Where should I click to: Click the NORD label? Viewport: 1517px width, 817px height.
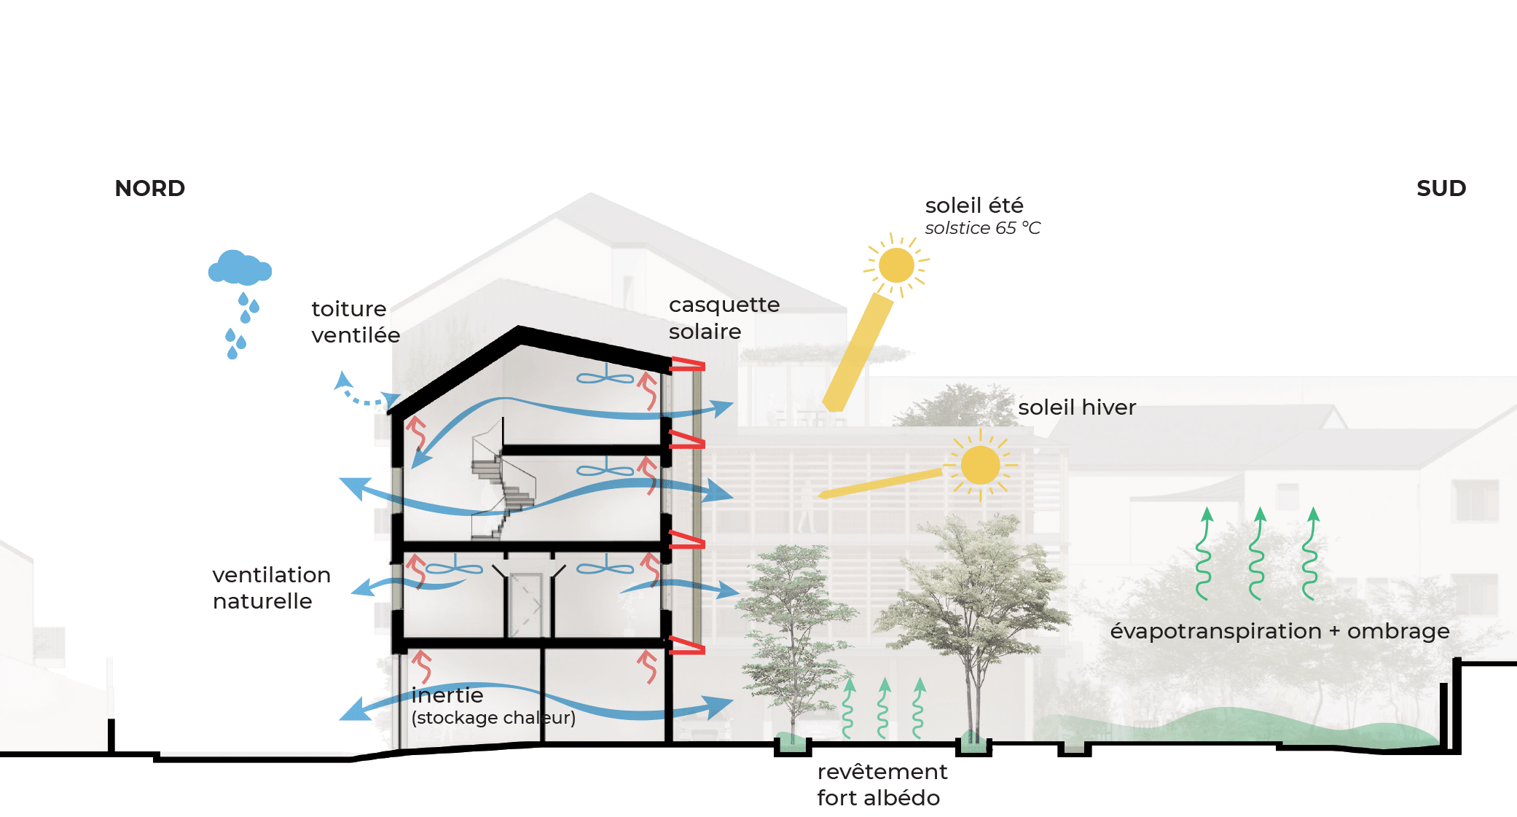(x=150, y=189)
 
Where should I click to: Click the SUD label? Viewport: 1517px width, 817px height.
(x=1440, y=189)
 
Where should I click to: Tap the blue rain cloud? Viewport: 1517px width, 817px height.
(x=239, y=269)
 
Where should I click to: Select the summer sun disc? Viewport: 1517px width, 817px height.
(x=896, y=265)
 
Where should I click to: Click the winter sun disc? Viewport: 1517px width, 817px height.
(x=980, y=465)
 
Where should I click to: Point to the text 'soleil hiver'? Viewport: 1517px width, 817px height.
(x=1077, y=407)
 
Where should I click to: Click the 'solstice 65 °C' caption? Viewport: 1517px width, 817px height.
(x=982, y=228)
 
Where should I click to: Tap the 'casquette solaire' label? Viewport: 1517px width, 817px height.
(x=724, y=318)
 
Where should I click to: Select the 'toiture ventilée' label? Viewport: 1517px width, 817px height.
(x=356, y=321)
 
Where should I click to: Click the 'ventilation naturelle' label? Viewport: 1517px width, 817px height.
(x=271, y=587)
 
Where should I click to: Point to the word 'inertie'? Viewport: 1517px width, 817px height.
(x=447, y=695)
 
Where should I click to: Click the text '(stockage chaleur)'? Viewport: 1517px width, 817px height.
(x=493, y=718)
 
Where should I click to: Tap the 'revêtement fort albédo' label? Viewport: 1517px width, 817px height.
(x=882, y=784)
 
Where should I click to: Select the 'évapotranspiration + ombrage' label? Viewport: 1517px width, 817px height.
(x=1279, y=631)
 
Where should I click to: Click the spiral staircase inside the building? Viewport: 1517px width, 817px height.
(x=503, y=485)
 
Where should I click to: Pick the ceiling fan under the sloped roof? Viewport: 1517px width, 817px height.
(x=605, y=378)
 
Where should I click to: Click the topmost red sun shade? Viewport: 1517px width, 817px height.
(x=687, y=364)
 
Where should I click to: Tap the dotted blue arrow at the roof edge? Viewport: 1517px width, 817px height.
(x=364, y=394)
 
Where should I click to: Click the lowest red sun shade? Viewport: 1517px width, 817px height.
(x=686, y=645)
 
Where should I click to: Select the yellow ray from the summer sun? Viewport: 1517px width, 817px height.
(x=858, y=351)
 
